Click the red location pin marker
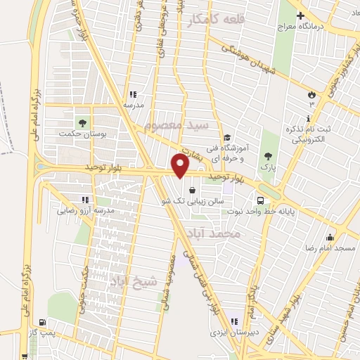(180, 166)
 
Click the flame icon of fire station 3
(311, 93)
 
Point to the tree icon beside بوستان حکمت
(83, 122)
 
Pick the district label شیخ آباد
(134, 282)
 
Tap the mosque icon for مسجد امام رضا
(329, 237)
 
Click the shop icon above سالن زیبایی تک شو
(192, 189)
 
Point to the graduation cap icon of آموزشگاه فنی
(226, 138)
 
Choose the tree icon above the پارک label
(266, 156)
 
